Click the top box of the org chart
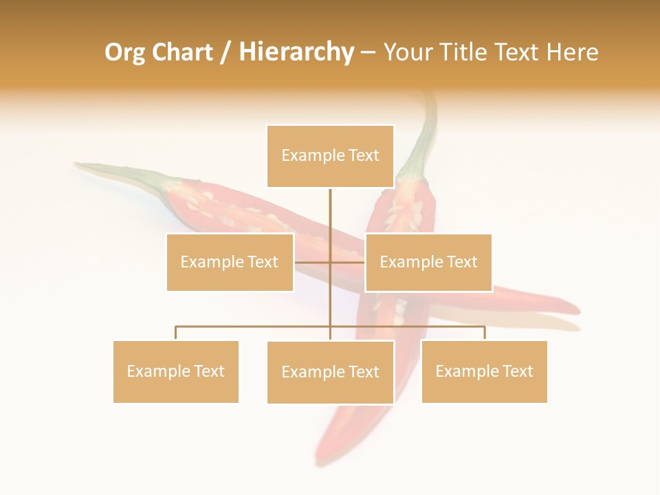tap(330, 156)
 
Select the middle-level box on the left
tap(230, 262)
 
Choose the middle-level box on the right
tap(428, 262)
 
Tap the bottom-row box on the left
tap(176, 371)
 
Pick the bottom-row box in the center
tap(330, 372)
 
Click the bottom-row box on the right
tap(484, 371)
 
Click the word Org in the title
tap(124, 52)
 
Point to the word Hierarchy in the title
tap(296, 52)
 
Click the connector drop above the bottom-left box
tap(176, 333)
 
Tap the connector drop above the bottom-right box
tap(484, 333)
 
